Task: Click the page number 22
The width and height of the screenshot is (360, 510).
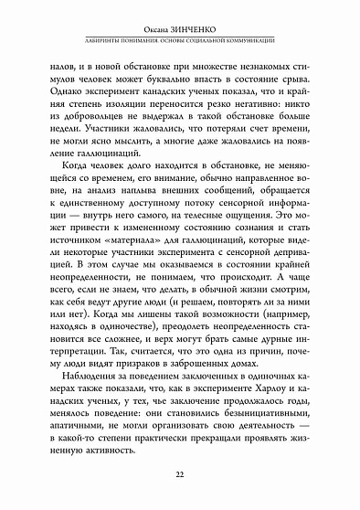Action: (180, 473)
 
